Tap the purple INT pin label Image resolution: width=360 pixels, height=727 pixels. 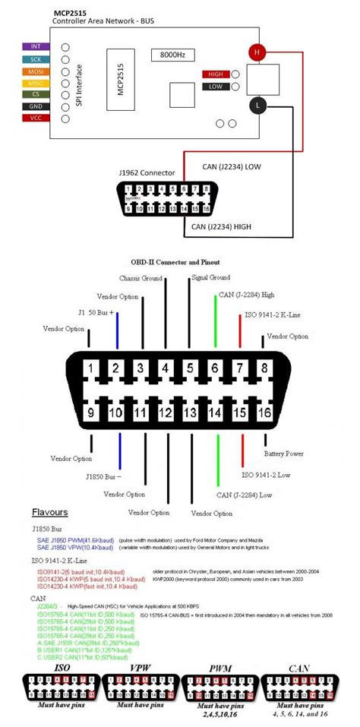pyautogui.click(x=36, y=46)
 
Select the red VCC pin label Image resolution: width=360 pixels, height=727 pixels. pyautogui.click(x=36, y=119)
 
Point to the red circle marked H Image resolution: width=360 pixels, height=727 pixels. pyautogui.click(x=257, y=52)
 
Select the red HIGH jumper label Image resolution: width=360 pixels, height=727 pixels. pyautogui.click(x=215, y=74)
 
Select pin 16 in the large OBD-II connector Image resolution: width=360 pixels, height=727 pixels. pyautogui.click(x=264, y=412)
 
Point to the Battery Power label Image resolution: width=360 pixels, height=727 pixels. pyautogui.click(x=285, y=454)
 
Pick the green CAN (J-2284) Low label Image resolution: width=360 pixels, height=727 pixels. pyautogui.click(x=244, y=495)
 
